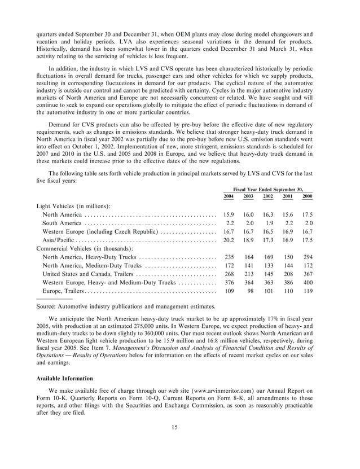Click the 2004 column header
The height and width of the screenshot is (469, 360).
click(229, 196)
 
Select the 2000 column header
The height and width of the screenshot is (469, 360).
click(307, 196)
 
